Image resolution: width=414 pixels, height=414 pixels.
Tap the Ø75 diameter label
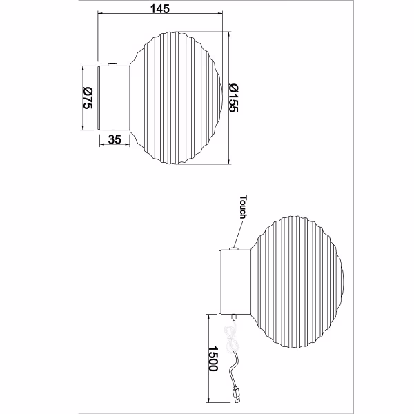pos(88,98)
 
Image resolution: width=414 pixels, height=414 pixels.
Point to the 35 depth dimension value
pos(115,139)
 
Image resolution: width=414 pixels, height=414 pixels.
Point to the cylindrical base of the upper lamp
pos(114,97)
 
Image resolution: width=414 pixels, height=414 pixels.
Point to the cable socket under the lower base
pos(235,319)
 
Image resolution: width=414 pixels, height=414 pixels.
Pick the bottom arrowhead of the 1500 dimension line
pos(208,402)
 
